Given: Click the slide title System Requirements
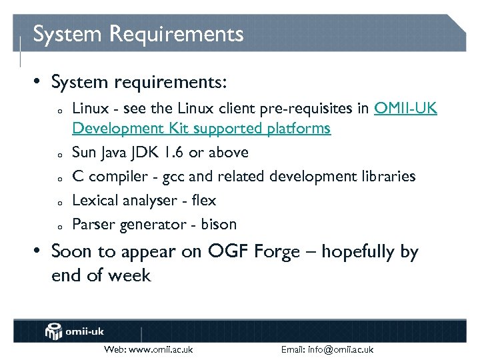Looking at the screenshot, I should [138, 34].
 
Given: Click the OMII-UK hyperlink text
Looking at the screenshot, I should [405, 109].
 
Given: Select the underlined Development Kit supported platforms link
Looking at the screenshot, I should [201, 128].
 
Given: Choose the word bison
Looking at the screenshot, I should [219, 225].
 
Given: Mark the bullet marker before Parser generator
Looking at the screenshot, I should [59, 226].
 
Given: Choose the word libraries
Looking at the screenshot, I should [386, 177].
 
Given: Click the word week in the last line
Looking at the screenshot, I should [132, 275].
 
